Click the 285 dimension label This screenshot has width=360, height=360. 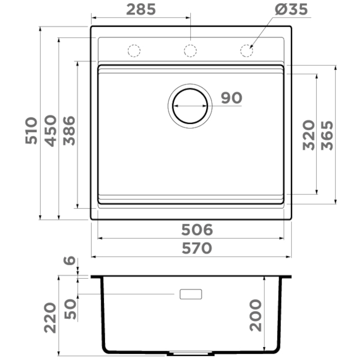(x=141, y=9)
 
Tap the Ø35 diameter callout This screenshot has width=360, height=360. (x=291, y=9)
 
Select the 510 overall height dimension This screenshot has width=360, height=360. (x=31, y=131)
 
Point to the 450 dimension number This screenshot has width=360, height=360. (x=50, y=131)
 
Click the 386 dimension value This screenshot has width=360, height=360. (x=69, y=131)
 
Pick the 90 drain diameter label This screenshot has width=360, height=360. (x=231, y=98)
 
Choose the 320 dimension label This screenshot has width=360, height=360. (x=309, y=135)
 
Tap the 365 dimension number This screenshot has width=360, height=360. (x=327, y=135)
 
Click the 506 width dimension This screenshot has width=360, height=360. (x=197, y=229)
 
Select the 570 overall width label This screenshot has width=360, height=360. (x=197, y=248)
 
